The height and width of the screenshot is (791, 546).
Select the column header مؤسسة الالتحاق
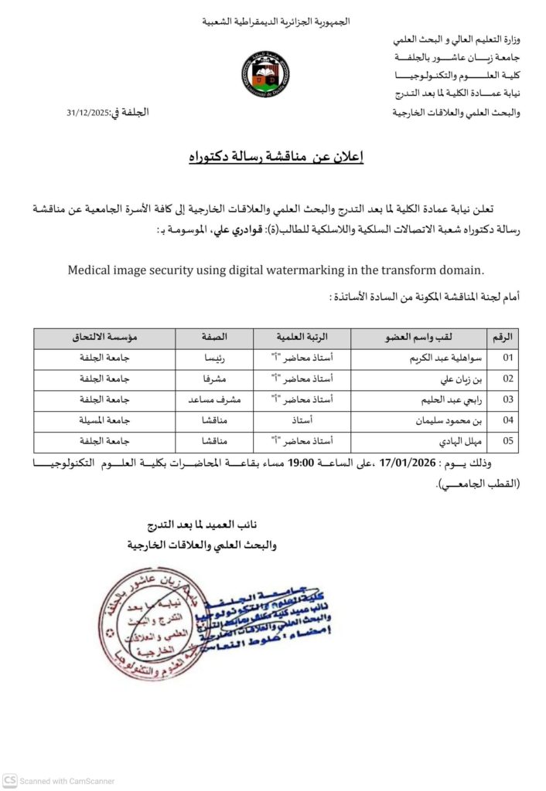click(104, 338)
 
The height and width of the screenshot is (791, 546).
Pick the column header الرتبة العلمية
click(302, 338)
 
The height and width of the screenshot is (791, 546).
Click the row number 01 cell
click(507, 358)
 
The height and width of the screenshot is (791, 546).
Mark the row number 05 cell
click(507, 442)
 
